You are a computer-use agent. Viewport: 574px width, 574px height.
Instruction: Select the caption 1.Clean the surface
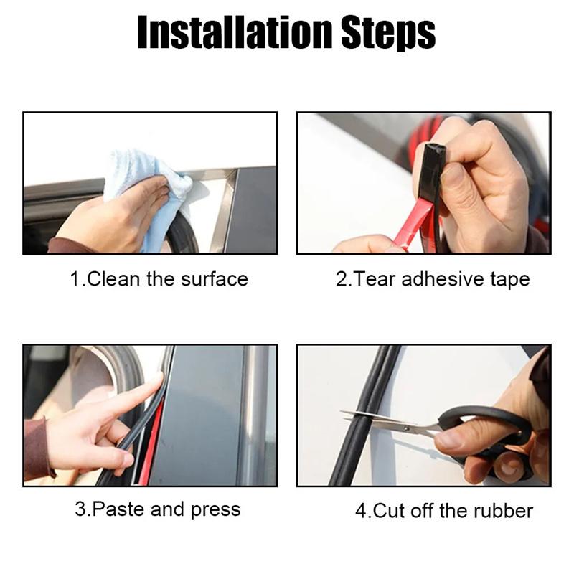click(159, 278)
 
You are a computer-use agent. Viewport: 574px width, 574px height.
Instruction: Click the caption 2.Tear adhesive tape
click(432, 278)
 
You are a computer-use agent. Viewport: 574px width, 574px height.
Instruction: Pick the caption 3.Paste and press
click(158, 509)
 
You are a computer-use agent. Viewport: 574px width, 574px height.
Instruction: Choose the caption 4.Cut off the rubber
click(443, 511)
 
